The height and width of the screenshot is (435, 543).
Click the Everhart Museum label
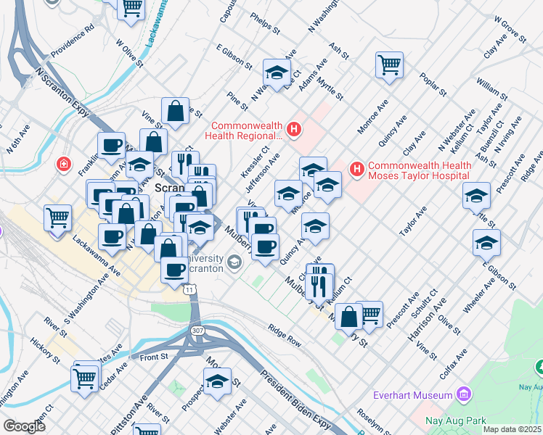pos(412,395)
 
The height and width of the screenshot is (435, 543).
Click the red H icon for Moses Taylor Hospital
pos(356,170)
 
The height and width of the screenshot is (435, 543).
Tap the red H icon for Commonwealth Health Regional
pos(294,130)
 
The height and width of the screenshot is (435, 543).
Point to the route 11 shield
pos(190,289)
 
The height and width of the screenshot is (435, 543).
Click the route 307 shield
pos(197,330)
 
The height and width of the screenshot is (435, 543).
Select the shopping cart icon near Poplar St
pos(390,65)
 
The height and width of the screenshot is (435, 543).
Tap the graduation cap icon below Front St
pos(217,381)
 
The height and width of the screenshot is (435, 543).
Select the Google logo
pos(24,426)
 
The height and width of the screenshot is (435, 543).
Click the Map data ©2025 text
pos(512,429)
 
